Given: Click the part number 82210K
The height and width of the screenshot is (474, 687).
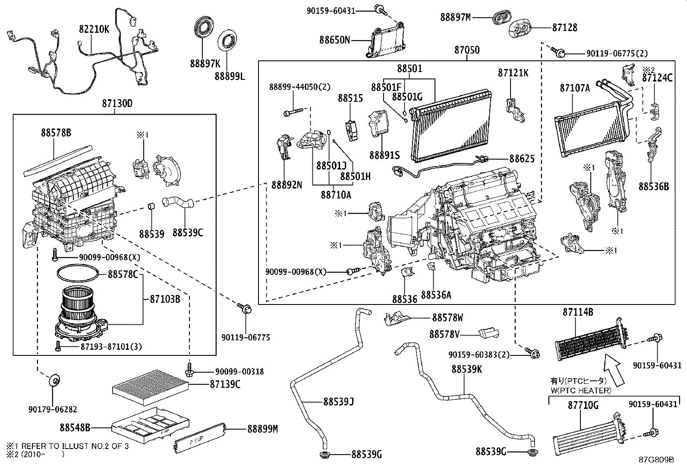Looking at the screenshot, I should (94, 30).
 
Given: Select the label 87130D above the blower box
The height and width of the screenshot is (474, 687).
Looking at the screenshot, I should (117, 104).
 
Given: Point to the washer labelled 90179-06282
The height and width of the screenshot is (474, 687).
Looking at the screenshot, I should (55, 380).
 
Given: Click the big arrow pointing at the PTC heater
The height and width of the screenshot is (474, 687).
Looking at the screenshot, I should (615, 368).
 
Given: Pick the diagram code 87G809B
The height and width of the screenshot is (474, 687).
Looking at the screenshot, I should (656, 460).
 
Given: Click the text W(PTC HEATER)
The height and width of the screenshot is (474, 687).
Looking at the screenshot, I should (580, 390).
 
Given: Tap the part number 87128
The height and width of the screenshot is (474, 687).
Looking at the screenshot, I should (564, 27).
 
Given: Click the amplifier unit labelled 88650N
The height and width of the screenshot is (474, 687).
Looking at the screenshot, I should (386, 41).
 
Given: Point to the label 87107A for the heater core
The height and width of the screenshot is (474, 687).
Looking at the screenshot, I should (574, 88).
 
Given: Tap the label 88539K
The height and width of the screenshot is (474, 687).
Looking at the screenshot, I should (466, 369).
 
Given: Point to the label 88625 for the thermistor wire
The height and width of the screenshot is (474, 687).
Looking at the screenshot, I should (522, 159).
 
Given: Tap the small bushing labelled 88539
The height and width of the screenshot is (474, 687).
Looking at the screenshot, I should (151, 206).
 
